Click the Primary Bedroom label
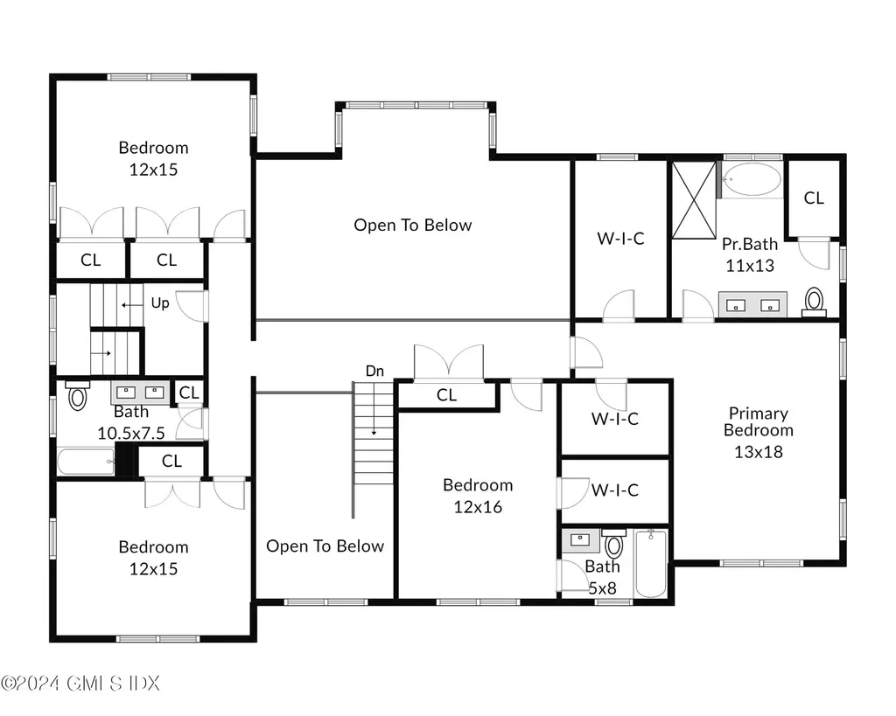click(759, 421)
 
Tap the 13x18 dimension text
click(759, 452)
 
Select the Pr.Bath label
click(749, 245)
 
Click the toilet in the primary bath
click(815, 302)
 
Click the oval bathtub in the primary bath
click(752, 180)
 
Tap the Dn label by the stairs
click(374, 371)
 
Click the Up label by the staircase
click(160, 303)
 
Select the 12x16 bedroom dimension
click(478, 506)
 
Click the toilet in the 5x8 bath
click(614, 546)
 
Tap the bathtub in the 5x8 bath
click(651, 564)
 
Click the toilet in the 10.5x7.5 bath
click(78, 397)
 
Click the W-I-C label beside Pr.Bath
click(620, 238)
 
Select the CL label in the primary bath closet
click(814, 198)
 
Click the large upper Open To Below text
click(412, 225)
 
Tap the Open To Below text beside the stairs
click(325, 546)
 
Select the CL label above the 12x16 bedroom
click(446, 395)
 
